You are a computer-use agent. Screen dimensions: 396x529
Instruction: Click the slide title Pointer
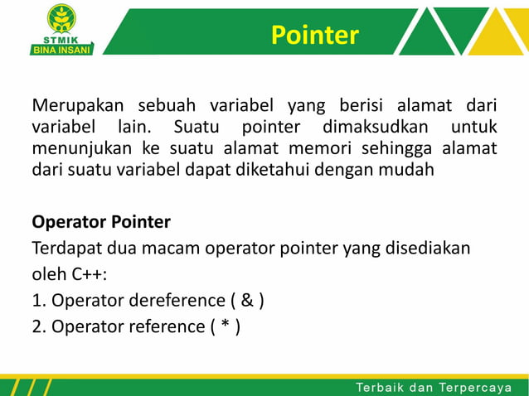click(314, 35)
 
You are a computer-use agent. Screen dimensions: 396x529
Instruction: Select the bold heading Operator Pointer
click(101, 222)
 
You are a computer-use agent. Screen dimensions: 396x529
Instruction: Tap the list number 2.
click(37, 326)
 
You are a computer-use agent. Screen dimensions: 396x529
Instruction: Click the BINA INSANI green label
click(62, 49)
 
